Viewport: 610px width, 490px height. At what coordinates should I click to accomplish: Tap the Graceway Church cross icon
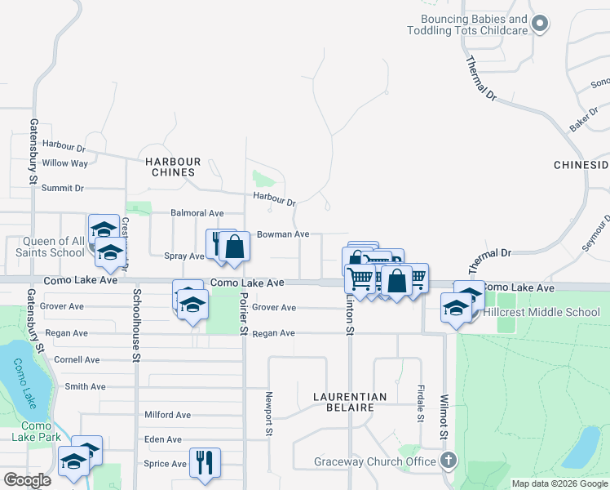(447, 461)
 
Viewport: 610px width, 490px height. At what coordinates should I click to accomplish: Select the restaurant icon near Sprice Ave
(205, 462)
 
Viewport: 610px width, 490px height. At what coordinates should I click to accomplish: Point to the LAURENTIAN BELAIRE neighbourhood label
(351, 402)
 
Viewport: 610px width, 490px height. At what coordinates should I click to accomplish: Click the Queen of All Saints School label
(42, 247)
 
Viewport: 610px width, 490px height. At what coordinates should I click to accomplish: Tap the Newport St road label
(267, 413)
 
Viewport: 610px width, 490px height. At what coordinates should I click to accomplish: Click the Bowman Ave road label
(283, 234)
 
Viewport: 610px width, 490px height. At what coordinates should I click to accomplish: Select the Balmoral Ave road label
(197, 213)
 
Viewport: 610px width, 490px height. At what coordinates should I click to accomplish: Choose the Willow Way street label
(65, 163)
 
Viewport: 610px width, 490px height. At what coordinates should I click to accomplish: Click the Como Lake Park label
(37, 431)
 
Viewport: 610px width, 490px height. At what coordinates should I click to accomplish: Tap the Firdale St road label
(421, 403)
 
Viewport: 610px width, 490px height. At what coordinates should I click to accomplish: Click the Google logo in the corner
(27, 480)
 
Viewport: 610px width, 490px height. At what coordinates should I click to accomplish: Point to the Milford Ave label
(167, 415)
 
